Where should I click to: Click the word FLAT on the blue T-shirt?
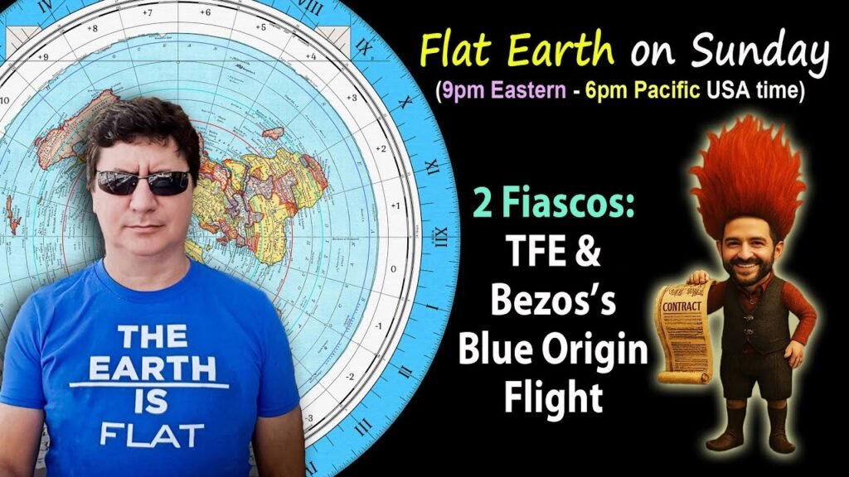tap(151, 434)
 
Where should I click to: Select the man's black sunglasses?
tap(142, 182)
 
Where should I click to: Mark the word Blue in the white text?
tap(495, 351)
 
